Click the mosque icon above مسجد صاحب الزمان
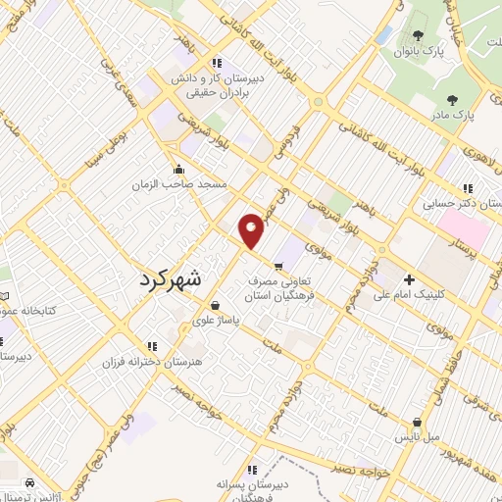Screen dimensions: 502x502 177,168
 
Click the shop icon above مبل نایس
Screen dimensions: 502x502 418,424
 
